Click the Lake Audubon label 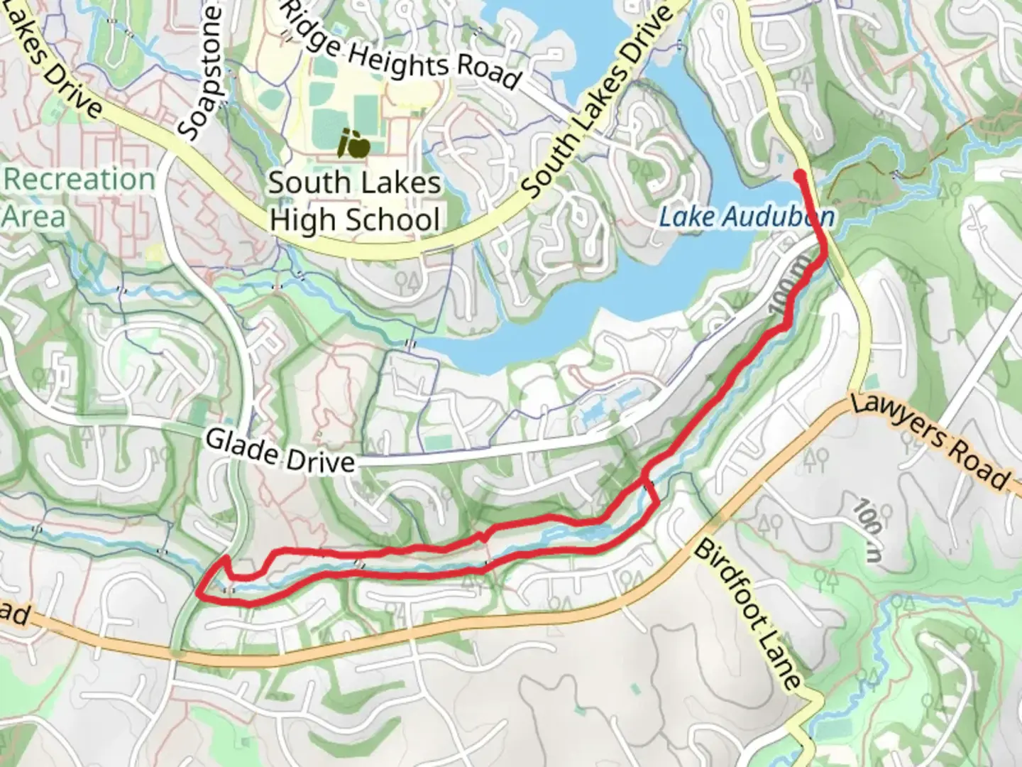[745, 216]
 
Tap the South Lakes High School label [354, 201]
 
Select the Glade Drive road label [280, 450]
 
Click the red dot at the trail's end [799, 175]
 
